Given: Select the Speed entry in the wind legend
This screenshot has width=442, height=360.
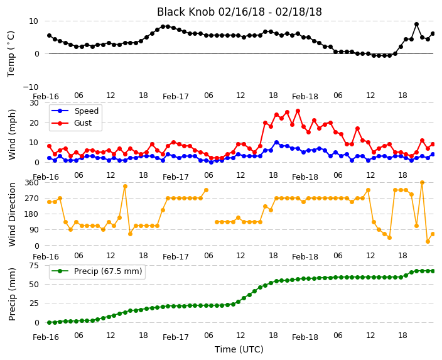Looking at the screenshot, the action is click(x=75, y=111).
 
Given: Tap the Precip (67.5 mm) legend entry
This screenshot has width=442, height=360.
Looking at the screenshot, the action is click(x=96, y=271).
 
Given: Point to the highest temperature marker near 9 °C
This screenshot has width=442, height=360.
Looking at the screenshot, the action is click(x=416, y=25).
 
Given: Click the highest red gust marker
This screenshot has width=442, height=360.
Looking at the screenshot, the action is click(x=298, y=111).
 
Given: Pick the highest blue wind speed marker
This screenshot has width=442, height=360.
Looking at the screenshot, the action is click(x=276, y=143).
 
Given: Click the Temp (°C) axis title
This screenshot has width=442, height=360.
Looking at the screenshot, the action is click(x=11, y=54).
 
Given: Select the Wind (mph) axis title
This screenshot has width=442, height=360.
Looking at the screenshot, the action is click(x=12, y=134).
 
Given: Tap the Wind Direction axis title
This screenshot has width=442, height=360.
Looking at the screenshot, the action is click(x=12, y=215).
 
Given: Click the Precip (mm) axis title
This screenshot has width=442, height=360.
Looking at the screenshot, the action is click(x=12, y=294).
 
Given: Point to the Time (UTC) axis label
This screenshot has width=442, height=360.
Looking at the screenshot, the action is click(x=239, y=349).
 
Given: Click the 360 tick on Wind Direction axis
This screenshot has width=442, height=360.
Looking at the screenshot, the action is click(x=31, y=183).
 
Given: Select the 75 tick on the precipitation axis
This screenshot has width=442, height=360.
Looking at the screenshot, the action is click(x=34, y=266).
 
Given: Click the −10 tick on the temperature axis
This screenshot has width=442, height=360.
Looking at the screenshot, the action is click(x=31, y=87).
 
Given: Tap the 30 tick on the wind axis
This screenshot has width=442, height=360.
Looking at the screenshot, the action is click(x=34, y=102).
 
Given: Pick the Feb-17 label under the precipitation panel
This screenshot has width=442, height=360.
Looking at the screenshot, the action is click(x=176, y=337).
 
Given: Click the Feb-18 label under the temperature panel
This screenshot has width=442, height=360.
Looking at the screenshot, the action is click(x=305, y=97).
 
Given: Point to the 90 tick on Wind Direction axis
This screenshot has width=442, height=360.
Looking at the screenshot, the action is click(x=34, y=230).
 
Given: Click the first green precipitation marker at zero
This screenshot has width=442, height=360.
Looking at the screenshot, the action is click(x=50, y=322).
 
